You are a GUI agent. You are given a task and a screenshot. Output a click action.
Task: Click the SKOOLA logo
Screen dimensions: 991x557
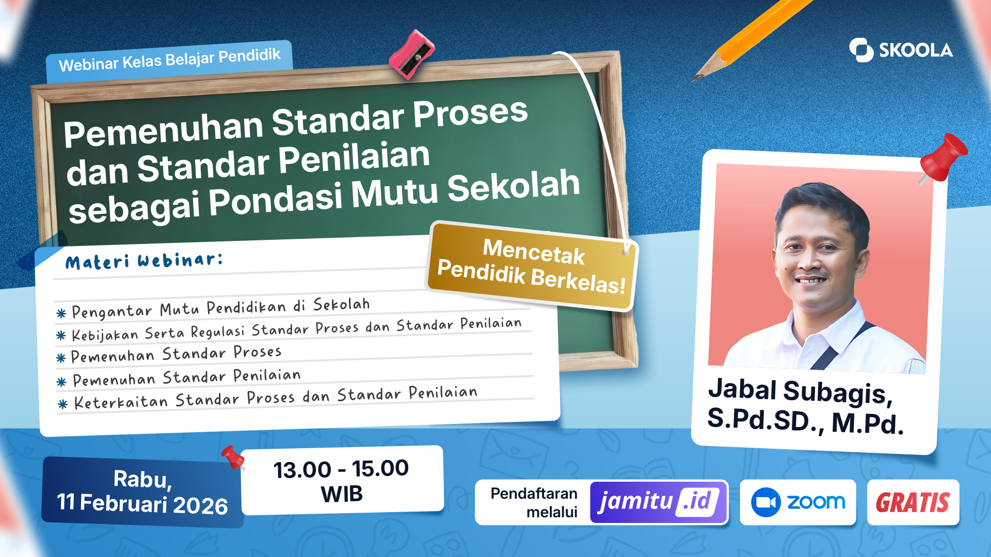(901, 50)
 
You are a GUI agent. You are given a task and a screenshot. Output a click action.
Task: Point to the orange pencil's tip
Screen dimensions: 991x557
(693, 80)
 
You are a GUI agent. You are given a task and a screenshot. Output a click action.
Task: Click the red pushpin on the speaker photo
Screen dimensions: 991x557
(942, 158)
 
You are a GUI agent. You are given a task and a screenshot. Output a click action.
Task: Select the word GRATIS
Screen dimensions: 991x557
(913, 502)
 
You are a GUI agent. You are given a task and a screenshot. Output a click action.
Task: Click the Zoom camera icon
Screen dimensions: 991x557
(765, 502)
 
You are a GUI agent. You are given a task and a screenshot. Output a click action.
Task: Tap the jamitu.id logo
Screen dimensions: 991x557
(659, 502)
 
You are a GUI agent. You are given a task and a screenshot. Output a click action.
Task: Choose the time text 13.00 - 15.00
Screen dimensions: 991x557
(341, 469)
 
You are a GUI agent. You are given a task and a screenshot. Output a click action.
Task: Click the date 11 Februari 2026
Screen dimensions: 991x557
(142, 504)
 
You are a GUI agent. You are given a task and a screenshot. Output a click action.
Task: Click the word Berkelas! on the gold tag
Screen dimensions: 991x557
(578, 281)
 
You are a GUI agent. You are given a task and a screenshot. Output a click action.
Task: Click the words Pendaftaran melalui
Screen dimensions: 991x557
(534, 502)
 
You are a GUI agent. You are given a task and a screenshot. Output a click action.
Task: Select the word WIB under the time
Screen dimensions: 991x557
(342, 494)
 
